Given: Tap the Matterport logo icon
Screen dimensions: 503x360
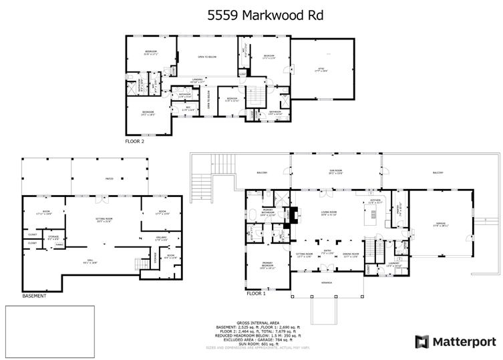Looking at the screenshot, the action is pos(422,342).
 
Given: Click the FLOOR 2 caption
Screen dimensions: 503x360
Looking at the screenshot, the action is pos(134,142).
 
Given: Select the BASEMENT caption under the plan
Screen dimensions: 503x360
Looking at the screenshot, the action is pos(34,295).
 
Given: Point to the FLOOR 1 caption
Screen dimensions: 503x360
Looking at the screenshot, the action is pos(256,293).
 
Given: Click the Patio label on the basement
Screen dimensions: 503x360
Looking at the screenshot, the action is pos(108,179).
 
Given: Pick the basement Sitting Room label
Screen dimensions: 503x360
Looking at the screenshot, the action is pos(103,220).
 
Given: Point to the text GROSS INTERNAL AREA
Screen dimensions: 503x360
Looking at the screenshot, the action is pos(254,322).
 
